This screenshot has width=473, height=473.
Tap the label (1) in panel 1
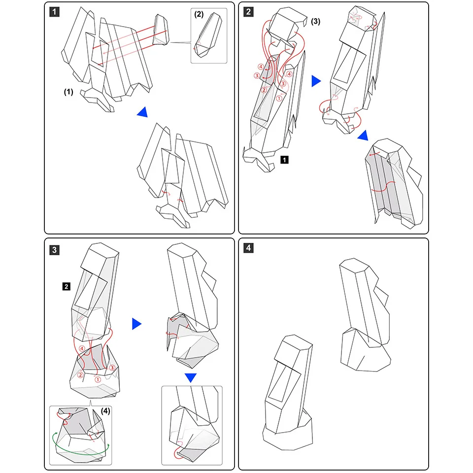pyautogui.click(x=69, y=92)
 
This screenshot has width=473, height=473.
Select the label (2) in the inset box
pyautogui.click(x=199, y=14)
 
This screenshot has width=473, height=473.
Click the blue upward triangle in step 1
pyautogui.click(x=143, y=112)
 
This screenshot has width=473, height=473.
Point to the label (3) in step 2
pyautogui.click(x=316, y=21)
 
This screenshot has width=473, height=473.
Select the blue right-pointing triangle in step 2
pyautogui.click(x=316, y=81)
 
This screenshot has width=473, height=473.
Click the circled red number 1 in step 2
pyautogui.click(x=279, y=98)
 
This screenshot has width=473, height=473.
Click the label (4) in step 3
pyautogui.click(x=106, y=410)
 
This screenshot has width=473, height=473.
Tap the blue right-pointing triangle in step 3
pyautogui.click(x=136, y=324)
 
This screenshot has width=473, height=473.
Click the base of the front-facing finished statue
pyautogui.click(x=287, y=434)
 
